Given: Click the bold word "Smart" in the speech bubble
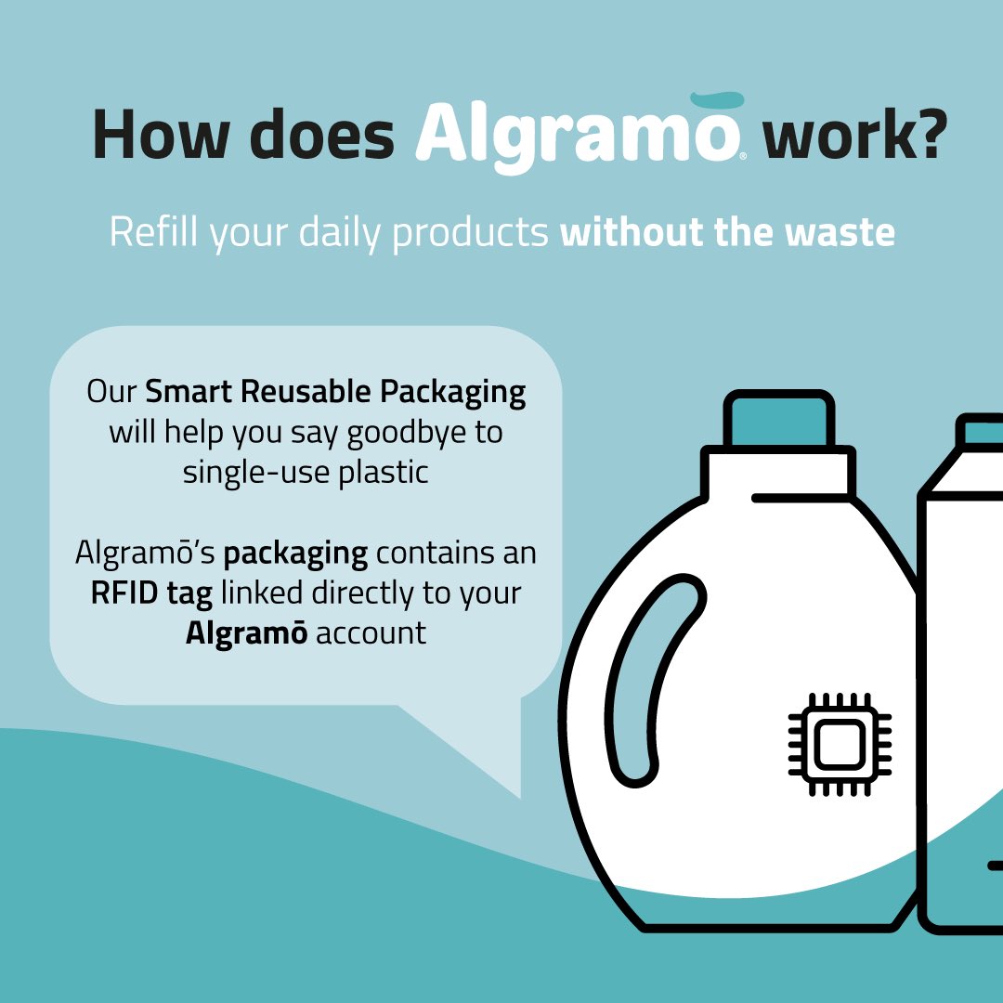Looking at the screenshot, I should [x=189, y=391].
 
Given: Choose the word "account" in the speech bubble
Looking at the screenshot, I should [x=371, y=633].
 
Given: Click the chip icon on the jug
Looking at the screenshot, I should [x=840, y=743].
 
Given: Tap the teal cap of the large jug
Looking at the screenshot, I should [x=776, y=421].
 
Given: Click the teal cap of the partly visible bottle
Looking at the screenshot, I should [x=983, y=431].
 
